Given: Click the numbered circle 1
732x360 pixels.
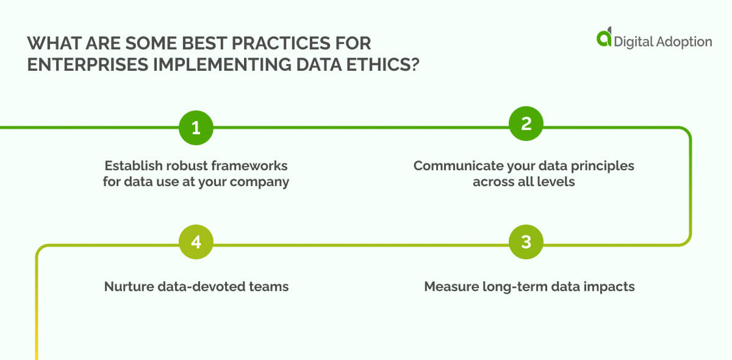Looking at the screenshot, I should tap(196, 128).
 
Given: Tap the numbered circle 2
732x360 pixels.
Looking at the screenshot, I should tap(526, 124).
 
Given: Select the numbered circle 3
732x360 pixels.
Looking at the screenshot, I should tap(526, 242).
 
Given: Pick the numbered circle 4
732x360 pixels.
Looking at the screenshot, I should tap(196, 242).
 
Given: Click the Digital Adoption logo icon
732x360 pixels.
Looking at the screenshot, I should tap(604, 38).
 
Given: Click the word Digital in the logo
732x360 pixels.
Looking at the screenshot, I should tap(634, 41).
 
